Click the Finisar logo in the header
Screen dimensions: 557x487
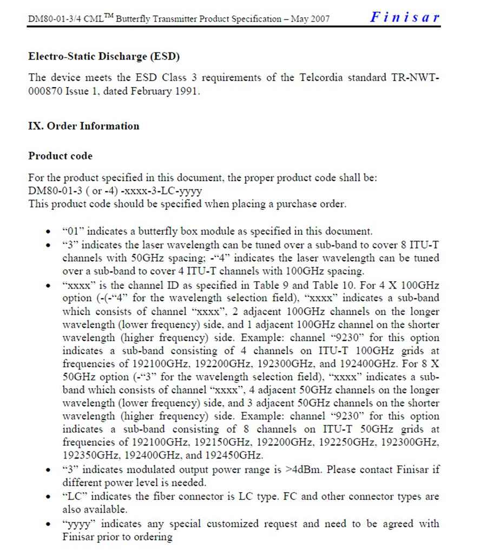tap(405, 17)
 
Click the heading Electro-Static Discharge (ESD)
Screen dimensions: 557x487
tap(104, 56)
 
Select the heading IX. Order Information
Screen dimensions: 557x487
tap(83, 126)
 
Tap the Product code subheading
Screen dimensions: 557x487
tap(60, 156)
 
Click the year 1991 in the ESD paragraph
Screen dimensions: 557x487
tap(187, 91)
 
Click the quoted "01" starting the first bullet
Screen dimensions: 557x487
tap(73, 231)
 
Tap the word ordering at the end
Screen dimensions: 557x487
tap(152, 536)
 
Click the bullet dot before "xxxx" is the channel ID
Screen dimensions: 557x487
tap(50, 285)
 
